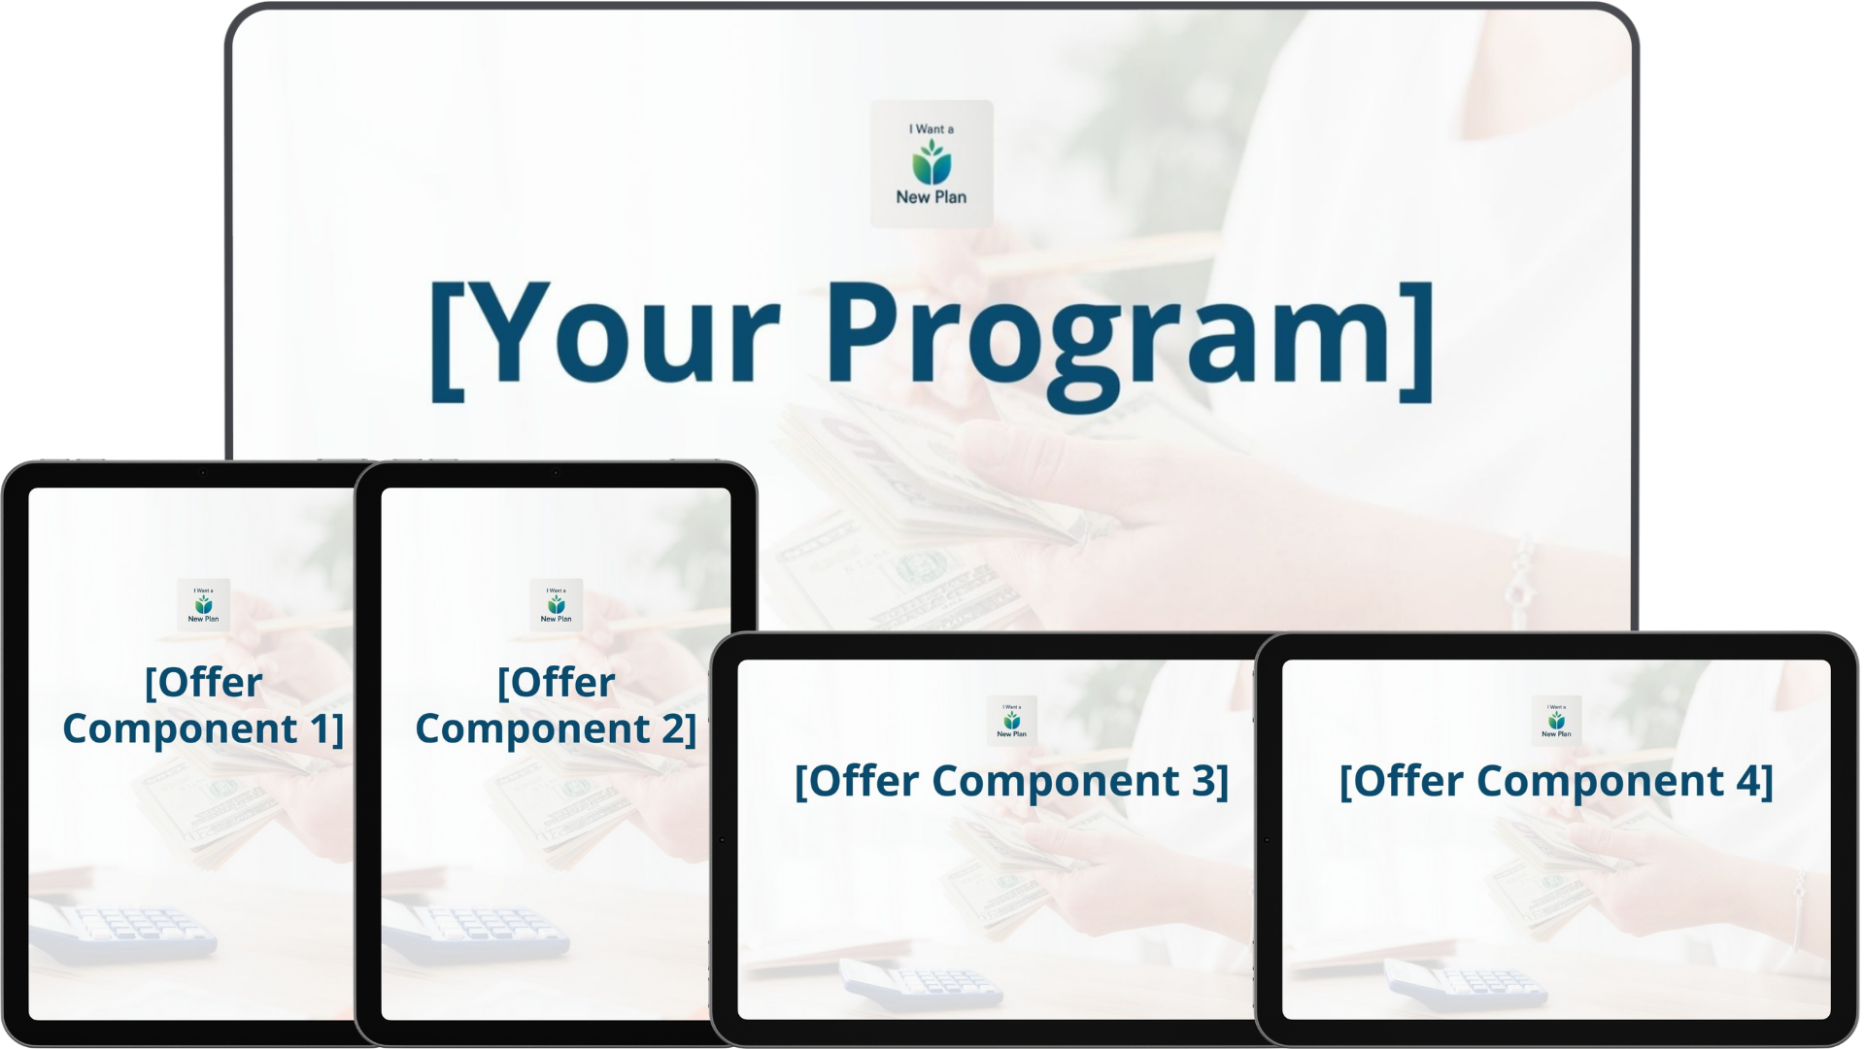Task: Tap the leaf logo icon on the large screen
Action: click(x=932, y=161)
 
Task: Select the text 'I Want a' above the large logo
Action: click(x=932, y=129)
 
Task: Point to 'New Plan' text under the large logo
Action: click(x=932, y=197)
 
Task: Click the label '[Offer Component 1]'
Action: click(x=203, y=706)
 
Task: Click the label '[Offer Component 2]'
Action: click(x=556, y=706)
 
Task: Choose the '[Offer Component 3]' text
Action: click(x=1011, y=781)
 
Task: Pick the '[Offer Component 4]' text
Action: click(x=1556, y=781)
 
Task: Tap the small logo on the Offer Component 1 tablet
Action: click(x=203, y=605)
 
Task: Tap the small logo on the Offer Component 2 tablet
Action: click(x=556, y=605)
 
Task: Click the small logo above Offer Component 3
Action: click(x=1011, y=721)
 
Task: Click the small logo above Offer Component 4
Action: click(x=1556, y=721)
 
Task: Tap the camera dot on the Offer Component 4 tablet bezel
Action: click(x=1267, y=839)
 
